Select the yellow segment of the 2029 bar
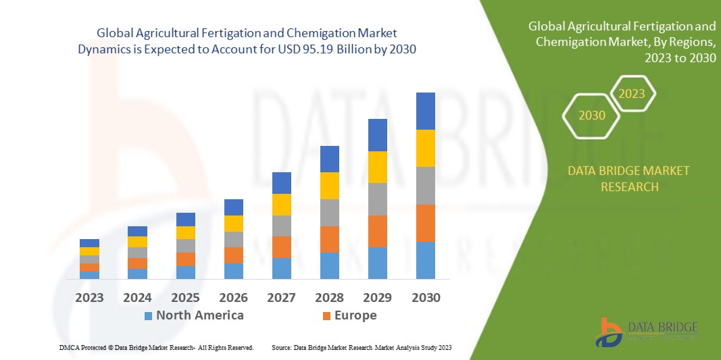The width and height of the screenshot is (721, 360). tap(377, 167)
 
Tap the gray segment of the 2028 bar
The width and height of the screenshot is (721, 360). tap(329, 212)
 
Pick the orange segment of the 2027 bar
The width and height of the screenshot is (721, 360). tap(281, 247)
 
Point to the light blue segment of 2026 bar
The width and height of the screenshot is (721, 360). tap(233, 271)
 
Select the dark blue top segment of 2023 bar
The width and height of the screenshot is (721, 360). tap(89, 243)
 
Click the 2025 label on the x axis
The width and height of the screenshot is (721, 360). tap(185, 298)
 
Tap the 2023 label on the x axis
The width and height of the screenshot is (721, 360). tap(89, 298)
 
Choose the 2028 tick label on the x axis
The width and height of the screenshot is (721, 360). tap(329, 298)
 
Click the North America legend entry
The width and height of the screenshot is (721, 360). tap(199, 315)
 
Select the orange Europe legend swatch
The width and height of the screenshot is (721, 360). tap(326, 315)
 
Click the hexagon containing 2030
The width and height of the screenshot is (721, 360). tap(591, 115)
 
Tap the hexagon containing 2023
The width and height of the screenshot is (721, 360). tap(632, 94)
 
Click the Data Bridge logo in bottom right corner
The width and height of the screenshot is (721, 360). tap(647, 332)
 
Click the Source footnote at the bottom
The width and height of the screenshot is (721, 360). tap(361, 347)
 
